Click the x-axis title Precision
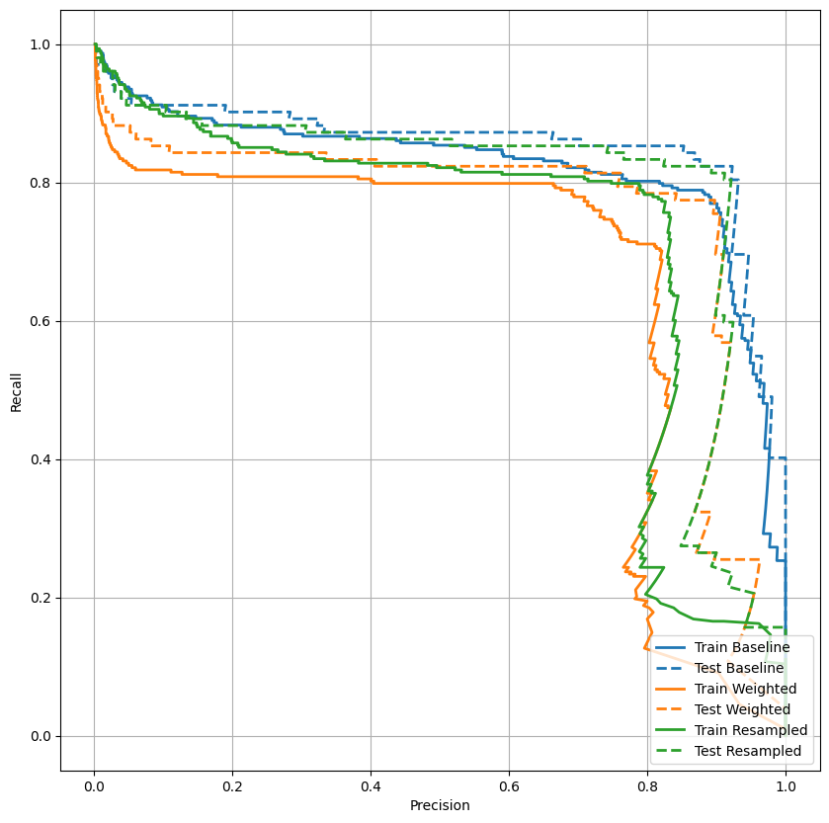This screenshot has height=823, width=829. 440,805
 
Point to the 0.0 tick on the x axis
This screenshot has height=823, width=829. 94,785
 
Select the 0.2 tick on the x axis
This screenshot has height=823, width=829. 232,785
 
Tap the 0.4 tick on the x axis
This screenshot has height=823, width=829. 371,785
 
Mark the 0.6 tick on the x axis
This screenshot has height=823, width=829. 509,785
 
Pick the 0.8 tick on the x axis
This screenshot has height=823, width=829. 647,785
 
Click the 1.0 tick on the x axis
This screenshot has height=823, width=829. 786,785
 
